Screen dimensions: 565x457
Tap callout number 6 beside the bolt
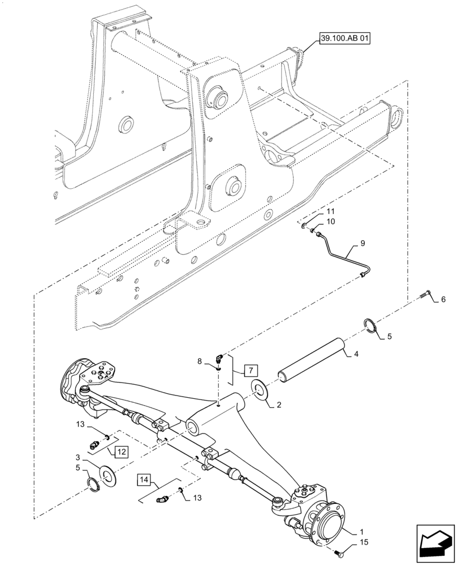pos(443,299)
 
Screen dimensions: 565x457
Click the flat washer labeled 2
pos(261,390)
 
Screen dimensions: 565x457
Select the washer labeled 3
pos(106,473)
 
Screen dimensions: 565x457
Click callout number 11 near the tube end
pos(331,211)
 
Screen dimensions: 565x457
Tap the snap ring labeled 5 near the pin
pos(371,327)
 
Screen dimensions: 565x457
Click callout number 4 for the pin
pos(356,355)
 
